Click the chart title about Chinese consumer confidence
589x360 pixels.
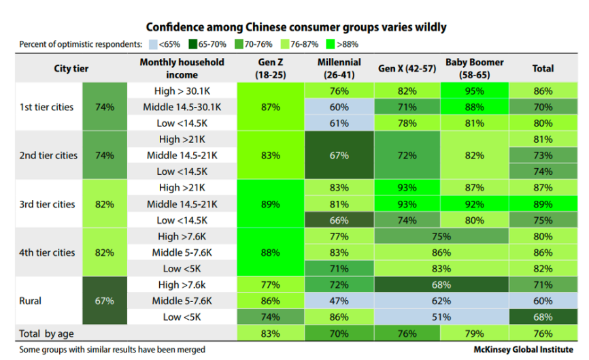coord(296,27)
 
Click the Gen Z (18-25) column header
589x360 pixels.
coord(271,68)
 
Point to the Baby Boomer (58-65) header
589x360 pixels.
coord(475,68)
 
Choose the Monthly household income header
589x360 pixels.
coord(181,68)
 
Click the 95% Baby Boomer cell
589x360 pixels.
coord(475,91)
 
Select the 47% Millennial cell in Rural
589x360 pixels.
coord(339,301)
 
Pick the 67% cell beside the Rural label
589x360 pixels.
coord(105,301)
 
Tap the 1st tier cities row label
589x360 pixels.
coord(47,107)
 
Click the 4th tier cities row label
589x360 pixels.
coord(47,252)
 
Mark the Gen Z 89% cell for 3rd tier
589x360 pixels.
coord(271,203)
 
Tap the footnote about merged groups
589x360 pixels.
coord(112,350)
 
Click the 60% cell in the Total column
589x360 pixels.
coord(543,301)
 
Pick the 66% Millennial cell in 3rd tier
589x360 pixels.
coord(339,220)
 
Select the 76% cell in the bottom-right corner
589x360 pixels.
coord(543,333)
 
